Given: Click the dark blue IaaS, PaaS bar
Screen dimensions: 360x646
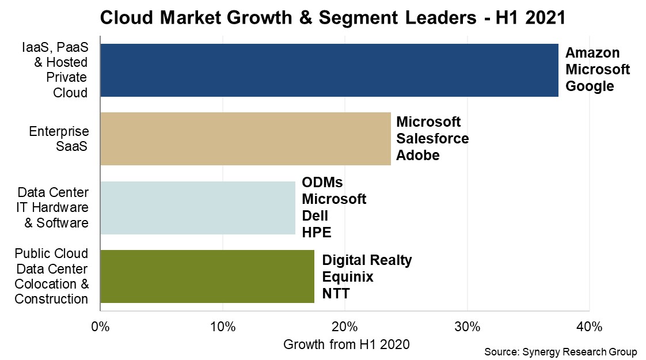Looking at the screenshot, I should [329, 70].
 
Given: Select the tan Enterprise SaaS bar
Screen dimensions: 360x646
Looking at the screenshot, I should [245, 139].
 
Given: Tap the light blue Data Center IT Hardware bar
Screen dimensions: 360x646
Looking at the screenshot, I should [197, 208].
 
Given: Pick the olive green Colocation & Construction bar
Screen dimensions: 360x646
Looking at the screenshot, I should [207, 276].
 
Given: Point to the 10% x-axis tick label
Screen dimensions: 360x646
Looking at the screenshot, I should [222, 327].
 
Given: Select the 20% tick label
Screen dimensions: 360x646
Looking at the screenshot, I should [344, 327].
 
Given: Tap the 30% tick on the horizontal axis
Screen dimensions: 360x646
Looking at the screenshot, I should [467, 327].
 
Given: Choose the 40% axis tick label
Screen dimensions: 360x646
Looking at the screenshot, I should [589, 327].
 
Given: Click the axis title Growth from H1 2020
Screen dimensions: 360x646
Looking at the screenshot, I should [346, 344].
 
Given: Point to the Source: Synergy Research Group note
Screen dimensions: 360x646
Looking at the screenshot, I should [561, 352].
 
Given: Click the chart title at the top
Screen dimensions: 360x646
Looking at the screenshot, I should [332, 18].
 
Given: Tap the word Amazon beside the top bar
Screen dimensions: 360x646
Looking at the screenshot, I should [592, 53].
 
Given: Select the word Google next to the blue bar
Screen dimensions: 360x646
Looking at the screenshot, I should [590, 86].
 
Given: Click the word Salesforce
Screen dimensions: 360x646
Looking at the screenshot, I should [432, 139].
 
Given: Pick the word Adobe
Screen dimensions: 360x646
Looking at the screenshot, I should [418, 156].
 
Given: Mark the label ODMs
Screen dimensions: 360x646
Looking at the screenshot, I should [322, 183].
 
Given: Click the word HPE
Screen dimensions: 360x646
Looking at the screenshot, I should [317, 233].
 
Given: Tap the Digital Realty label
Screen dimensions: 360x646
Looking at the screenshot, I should [367, 260].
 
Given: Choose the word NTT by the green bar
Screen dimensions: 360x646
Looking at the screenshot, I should [336, 294].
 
